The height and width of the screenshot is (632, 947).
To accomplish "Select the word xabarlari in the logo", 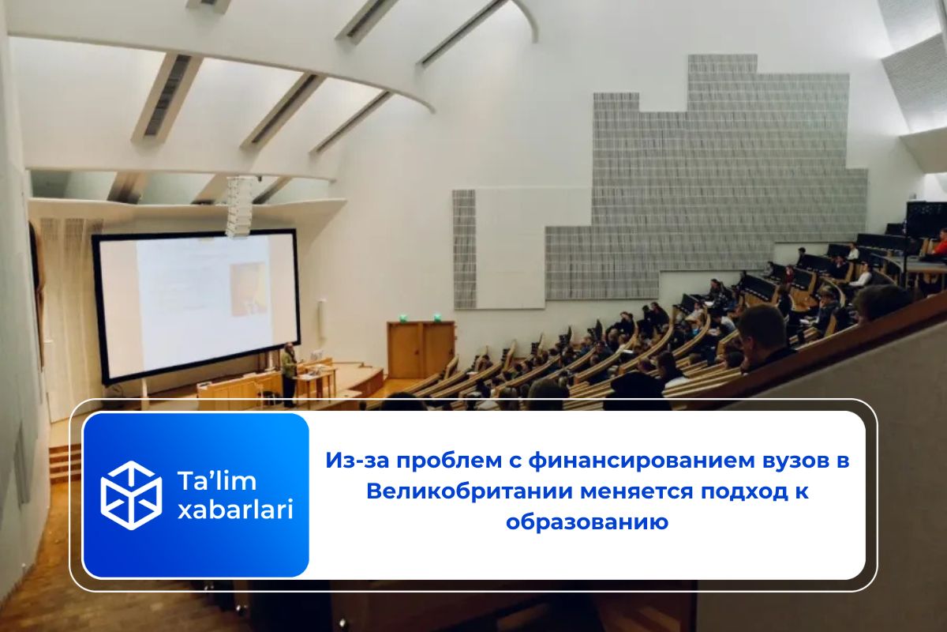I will [x=235, y=510].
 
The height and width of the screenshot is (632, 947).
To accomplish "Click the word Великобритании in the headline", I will [x=470, y=491].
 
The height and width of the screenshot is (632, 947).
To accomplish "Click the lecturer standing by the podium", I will [x=290, y=371].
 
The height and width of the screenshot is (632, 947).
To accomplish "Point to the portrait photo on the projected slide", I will [x=248, y=288].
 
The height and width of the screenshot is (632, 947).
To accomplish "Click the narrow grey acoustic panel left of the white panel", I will [x=464, y=249].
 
